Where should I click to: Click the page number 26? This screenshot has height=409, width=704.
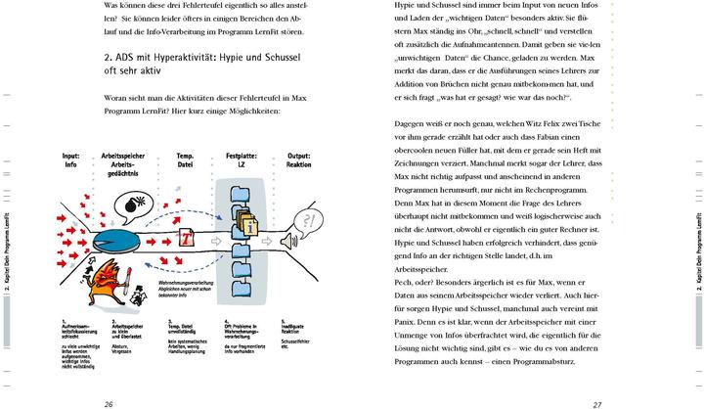point(109,402)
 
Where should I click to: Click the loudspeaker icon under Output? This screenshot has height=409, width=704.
point(286,240)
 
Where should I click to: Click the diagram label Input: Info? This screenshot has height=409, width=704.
point(71,160)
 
